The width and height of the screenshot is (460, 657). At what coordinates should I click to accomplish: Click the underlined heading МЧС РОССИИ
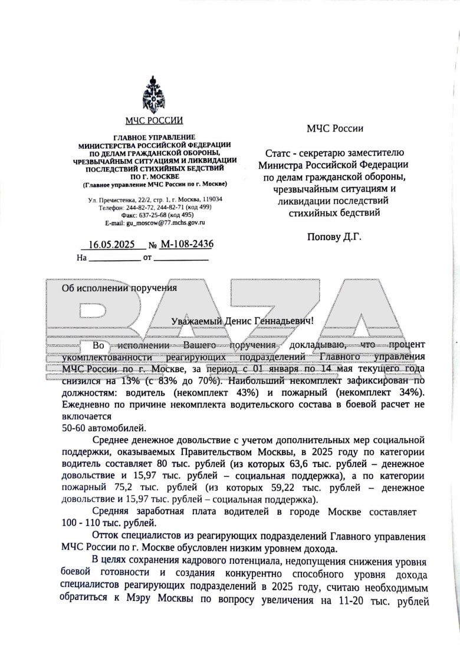(x=154, y=121)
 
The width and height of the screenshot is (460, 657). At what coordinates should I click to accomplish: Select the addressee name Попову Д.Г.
(x=334, y=237)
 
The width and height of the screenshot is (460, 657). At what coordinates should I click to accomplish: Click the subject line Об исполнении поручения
(x=120, y=288)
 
